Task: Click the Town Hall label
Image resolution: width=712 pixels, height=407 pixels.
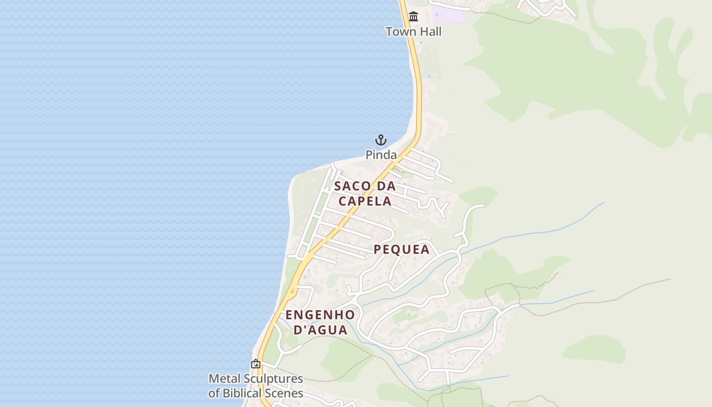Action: pyautogui.click(x=413, y=32)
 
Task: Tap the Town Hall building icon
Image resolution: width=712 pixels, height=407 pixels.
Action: pyautogui.click(x=413, y=17)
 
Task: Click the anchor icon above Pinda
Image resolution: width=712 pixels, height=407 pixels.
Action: pyautogui.click(x=381, y=139)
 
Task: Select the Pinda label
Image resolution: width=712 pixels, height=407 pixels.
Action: pyautogui.click(x=381, y=155)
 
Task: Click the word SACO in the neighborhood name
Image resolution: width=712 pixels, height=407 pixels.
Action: pyautogui.click(x=352, y=186)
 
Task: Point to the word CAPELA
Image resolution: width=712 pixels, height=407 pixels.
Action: pyautogui.click(x=365, y=201)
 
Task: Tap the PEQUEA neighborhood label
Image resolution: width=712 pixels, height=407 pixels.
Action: pyautogui.click(x=402, y=249)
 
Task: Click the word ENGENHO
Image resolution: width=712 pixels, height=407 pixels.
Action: pyautogui.click(x=320, y=314)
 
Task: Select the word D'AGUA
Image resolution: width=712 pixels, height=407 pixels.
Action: pyautogui.click(x=321, y=330)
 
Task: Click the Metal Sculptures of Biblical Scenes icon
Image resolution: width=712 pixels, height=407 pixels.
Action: pyautogui.click(x=256, y=364)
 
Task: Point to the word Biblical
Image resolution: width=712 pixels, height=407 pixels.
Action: pyautogui.click(x=245, y=393)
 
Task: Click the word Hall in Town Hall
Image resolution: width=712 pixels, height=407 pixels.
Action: pyautogui.click(x=430, y=32)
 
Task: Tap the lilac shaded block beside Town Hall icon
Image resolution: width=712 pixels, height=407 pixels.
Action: pyautogui.click(x=448, y=14)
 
